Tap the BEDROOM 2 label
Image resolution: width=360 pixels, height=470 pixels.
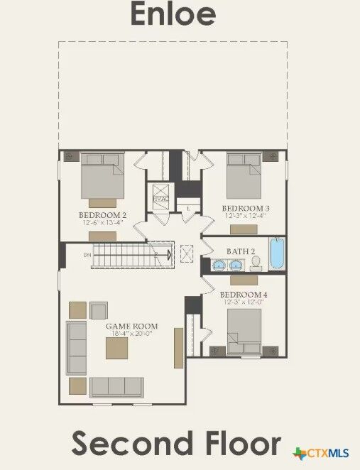102,214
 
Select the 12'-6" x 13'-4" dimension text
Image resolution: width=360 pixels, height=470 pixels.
102,222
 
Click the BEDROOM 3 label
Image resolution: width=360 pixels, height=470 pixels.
246,208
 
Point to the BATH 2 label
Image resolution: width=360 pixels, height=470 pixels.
241,251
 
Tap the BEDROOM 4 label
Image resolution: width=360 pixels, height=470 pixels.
244,295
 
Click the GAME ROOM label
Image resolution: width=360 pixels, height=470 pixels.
131,327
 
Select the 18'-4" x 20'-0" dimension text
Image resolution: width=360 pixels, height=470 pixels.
131,334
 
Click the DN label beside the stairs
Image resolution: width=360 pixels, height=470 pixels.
87,254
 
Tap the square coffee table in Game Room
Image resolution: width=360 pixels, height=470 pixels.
118,348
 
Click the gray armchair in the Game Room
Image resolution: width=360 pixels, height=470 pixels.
98,310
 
